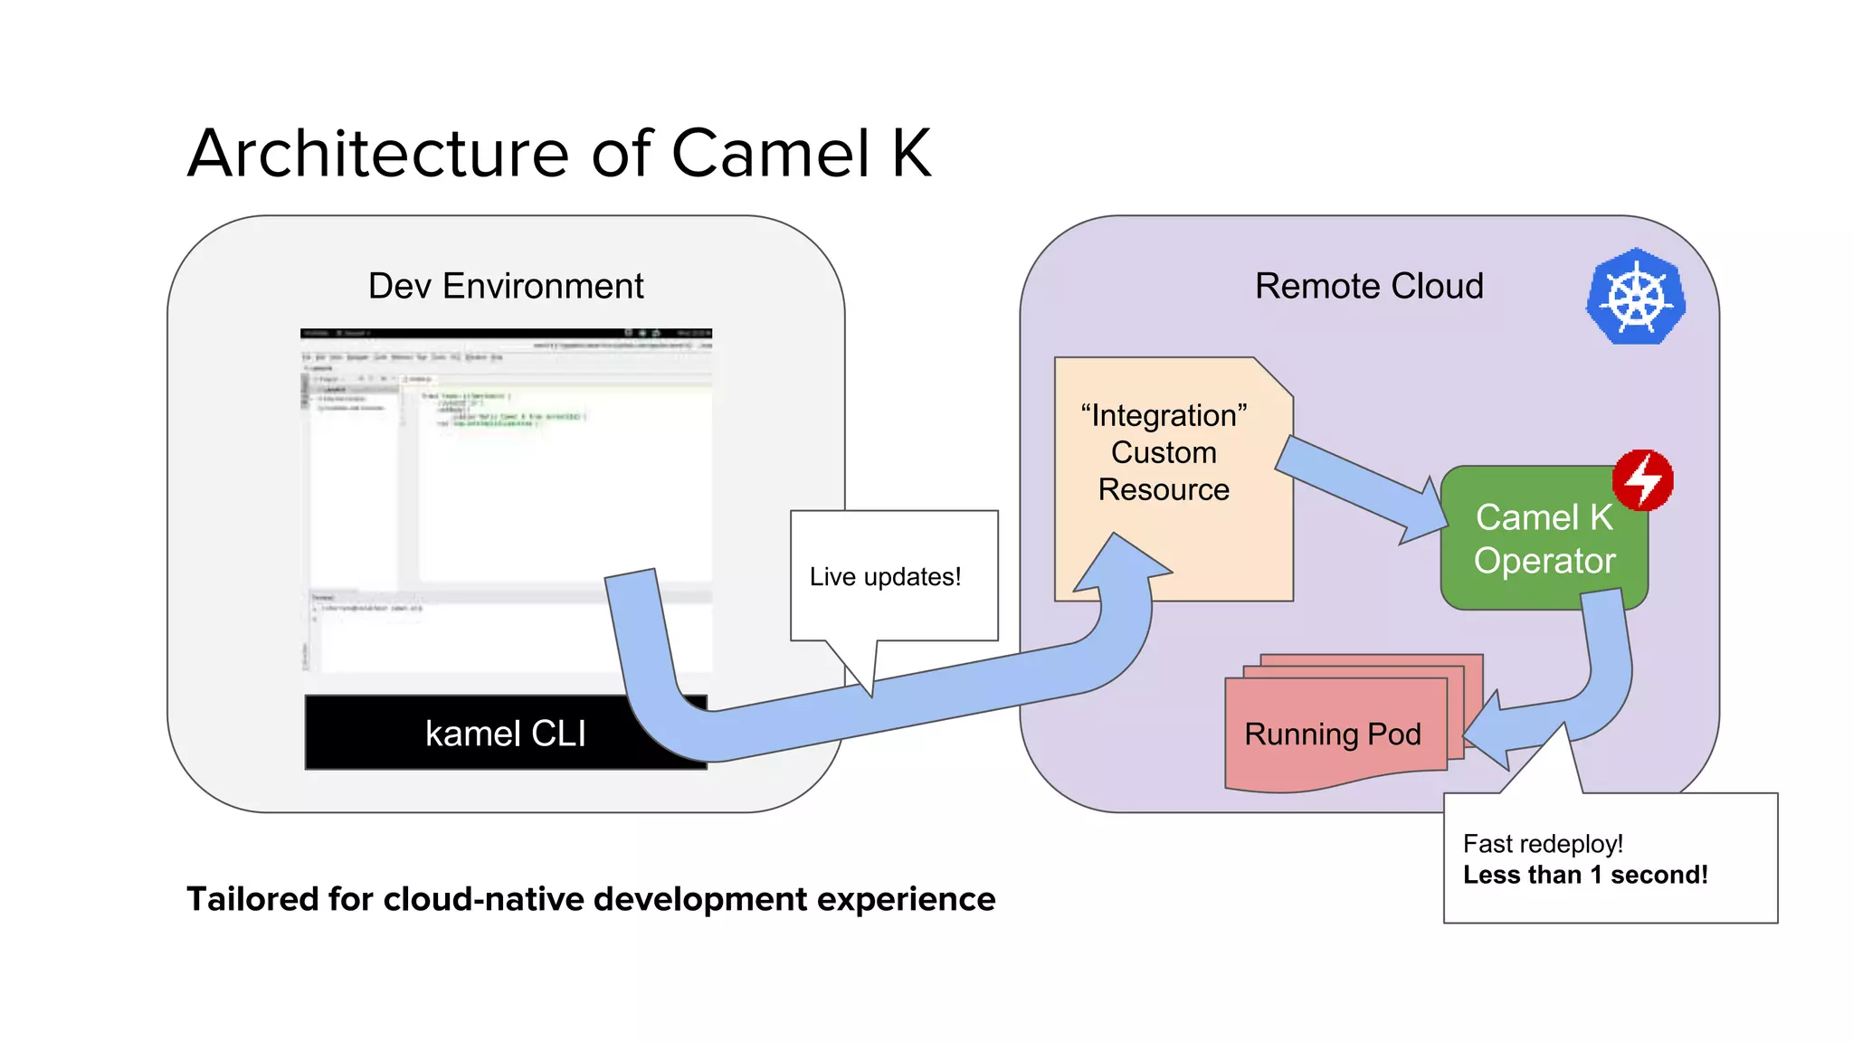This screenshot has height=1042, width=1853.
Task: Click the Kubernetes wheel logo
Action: [x=1636, y=296]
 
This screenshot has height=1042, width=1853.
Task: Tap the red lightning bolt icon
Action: [x=1643, y=479]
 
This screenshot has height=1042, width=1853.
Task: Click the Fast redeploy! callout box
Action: [x=1610, y=858]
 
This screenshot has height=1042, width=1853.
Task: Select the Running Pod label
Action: [x=1332, y=734]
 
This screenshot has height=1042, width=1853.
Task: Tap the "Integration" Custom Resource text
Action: [x=1164, y=452]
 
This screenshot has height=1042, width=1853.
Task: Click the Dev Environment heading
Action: [x=506, y=286]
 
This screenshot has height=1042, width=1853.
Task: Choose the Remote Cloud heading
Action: [x=1369, y=286]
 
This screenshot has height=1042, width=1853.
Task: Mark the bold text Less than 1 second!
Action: [x=1585, y=875]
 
